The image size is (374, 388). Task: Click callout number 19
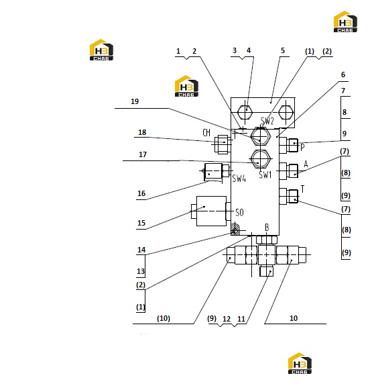pyautogui.click(x=135, y=101)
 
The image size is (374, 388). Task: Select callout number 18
pyautogui.click(x=142, y=132)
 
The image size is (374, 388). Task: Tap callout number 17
pyautogui.click(x=143, y=154)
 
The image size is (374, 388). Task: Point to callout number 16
pyautogui.click(x=141, y=193)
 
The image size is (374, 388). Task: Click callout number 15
pyautogui.click(x=141, y=223)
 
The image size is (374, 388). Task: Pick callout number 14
pyautogui.click(x=141, y=250)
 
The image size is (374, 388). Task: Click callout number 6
pyautogui.click(x=343, y=75)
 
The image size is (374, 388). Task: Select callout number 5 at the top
pyautogui.click(x=283, y=50)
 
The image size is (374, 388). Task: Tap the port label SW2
pyautogui.click(x=267, y=121)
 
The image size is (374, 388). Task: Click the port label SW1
pyautogui.click(x=265, y=175)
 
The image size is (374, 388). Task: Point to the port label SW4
pyautogui.click(x=239, y=178)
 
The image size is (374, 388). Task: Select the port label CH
pyautogui.click(x=206, y=133)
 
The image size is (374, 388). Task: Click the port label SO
pyautogui.click(x=239, y=213)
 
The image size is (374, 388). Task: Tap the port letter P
pyautogui.click(x=302, y=148)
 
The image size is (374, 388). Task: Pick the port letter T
pyautogui.click(x=302, y=189)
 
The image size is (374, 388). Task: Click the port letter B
pyautogui.click(x=267, y=228)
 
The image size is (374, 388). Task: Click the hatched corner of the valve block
pyautogui.click(x=235, y=230)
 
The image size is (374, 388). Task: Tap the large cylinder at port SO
pyautogui.click(x=211, y=211)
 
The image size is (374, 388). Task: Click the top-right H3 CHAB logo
pyautogui.click(x=345, y=21)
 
